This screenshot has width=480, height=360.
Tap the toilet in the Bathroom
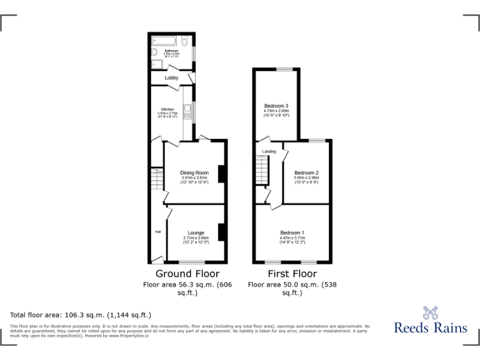point(186,41)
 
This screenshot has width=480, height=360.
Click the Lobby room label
point(171,77)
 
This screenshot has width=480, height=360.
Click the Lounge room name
point(196,233)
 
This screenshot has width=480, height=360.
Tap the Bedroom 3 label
point(276,106)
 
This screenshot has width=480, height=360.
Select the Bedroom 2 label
point(306,172)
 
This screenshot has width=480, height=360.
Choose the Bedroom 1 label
point(292,233)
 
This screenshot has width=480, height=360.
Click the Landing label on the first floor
point(269,151)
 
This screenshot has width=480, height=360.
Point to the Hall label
point(158,232)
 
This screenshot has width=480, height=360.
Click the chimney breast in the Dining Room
point(221,174)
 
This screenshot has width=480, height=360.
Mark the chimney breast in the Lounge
point(221,232)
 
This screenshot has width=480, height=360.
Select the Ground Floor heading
point(187,274)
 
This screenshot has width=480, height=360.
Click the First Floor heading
point(292,274)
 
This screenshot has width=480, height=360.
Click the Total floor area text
point(81,315)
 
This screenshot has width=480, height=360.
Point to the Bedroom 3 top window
point(286,69)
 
